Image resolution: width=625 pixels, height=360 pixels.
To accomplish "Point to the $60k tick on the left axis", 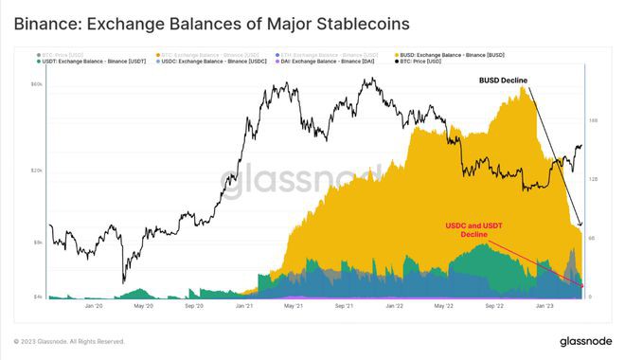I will (38, 84).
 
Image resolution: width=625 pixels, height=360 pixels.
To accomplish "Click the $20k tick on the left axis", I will (38, 171).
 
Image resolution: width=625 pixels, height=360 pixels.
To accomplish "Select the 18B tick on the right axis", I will (593, 120).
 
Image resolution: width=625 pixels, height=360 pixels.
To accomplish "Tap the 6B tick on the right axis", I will (592, 238).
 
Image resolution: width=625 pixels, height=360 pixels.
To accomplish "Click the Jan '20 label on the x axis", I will (94, 306).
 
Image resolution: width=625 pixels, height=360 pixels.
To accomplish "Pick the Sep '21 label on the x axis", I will (344, 306).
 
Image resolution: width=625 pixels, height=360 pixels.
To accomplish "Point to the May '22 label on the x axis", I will (444, 306).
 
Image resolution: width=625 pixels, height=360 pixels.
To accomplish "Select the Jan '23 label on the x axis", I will (545, 306).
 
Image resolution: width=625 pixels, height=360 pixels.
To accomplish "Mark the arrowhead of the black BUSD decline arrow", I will (580, 225).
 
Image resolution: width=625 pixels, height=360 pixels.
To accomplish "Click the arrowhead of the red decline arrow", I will (581, 285).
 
